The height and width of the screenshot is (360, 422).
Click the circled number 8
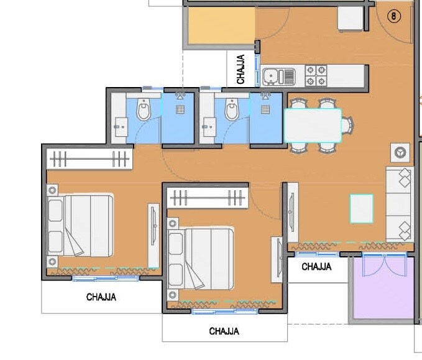(x=394, y=17)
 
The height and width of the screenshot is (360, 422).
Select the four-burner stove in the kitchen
(x=315, y=76)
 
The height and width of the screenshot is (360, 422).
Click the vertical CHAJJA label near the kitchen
(x=241, y=69)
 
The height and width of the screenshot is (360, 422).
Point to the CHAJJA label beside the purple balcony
(x=316, y=267)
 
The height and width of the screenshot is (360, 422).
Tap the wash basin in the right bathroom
(x=207, y=129)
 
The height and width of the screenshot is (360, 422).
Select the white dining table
(x=313, y=125)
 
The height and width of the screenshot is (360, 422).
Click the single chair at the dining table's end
(x=346, y=125)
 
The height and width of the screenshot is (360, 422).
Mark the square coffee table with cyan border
(x=361, y=208)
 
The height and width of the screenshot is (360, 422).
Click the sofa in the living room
(x=400, y=204)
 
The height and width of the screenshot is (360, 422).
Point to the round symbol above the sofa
(x=398, y=151)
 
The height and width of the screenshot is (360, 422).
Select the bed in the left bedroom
(x=80, y=226)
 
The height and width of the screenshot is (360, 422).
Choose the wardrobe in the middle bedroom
(x=207, y=198)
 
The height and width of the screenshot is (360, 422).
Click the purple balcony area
(x=382, y=288)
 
